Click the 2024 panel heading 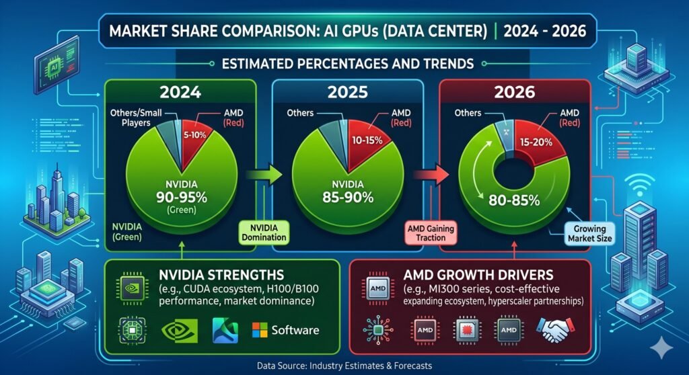[180, 92]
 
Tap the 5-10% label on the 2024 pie [194, 135]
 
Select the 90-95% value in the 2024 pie [182, 197]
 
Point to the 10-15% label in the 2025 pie [367, 140]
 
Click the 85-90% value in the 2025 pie [348, 197]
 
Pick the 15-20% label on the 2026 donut [536, 142]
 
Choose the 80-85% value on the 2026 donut [514, 201]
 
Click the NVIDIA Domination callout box [264, 233]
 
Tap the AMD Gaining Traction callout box [431, 233]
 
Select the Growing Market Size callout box [589, 234]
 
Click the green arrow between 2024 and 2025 [264, 175]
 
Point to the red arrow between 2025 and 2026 [431, 175]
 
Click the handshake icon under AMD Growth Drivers [555, 330]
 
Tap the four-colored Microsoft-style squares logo [259, 330]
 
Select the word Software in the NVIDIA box [295, 330]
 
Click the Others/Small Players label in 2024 [136, 118]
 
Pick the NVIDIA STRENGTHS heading [221, 276]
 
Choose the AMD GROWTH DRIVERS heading [478, 276]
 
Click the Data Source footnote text [344, 366]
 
